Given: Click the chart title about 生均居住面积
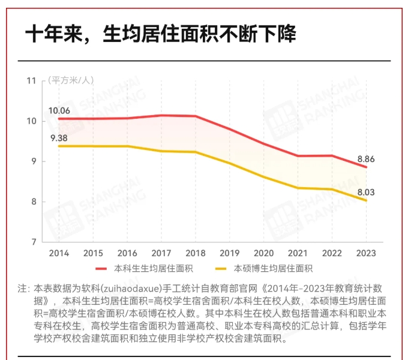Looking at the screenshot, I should click(x=160, y=34).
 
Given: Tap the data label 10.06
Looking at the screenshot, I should click(x=59, y=110).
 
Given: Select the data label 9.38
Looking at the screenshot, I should click(x=59, y=139).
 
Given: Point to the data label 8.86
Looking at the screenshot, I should click(x=367, y=159).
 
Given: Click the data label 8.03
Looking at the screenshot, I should click(x=367, y=192).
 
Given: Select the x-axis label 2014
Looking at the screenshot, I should click(x=59, y=253).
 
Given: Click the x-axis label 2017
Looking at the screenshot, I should click(x=161, y=253).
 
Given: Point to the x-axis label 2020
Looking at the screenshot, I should click(x=263, y=253).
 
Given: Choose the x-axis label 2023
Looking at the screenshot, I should click(x=365, y=253).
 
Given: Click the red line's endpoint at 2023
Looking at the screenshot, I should click(x=365, y=167).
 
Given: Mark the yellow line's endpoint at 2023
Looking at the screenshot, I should click(x=365, y=200).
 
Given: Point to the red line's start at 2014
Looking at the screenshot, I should click(x=59, y=119).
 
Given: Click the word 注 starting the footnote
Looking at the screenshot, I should click(x=22, y=288).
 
